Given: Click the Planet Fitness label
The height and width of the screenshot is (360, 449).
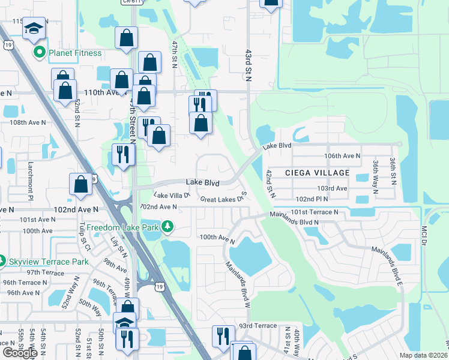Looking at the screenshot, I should [65, 53].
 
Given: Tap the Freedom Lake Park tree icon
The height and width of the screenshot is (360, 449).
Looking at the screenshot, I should [169, 227].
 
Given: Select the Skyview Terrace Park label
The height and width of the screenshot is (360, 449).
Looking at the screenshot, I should [49, 262].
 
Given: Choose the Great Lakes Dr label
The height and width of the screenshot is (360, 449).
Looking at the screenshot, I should [221, 199].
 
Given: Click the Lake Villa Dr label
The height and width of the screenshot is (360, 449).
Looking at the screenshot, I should [172, 195].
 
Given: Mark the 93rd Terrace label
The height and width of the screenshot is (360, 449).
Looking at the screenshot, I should [258, 326].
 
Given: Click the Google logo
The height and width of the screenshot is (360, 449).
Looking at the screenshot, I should [20, 353].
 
